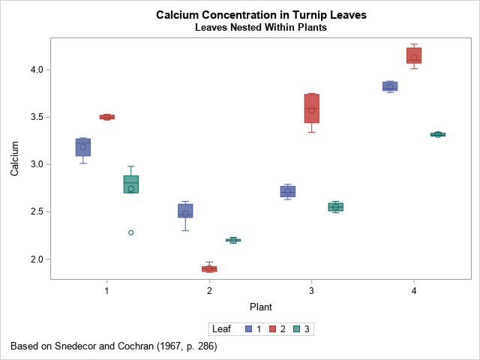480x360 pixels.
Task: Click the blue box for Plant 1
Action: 83,147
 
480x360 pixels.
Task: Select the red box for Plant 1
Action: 106,117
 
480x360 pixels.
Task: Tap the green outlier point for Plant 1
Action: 130,232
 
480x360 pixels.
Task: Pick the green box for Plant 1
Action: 130,184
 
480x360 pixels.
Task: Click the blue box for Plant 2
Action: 185,211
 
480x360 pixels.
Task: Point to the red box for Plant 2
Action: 209,268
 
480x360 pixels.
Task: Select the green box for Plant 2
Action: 233,240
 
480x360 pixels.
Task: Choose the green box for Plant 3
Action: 335,207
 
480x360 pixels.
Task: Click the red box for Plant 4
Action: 414,55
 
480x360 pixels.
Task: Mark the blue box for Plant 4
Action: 390,86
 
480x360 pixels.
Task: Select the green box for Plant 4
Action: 438,134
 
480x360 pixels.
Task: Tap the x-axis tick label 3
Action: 311,290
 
